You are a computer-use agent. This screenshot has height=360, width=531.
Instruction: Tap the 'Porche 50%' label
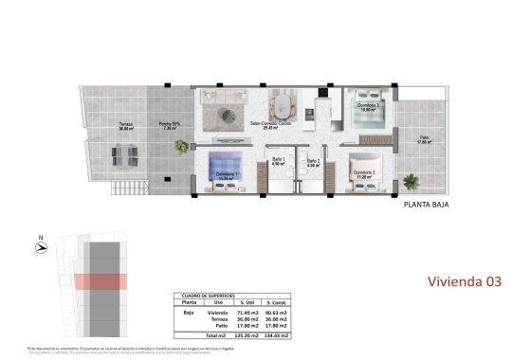(x=170, y=124)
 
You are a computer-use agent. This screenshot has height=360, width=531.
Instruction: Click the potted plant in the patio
(x=410, y=180)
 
